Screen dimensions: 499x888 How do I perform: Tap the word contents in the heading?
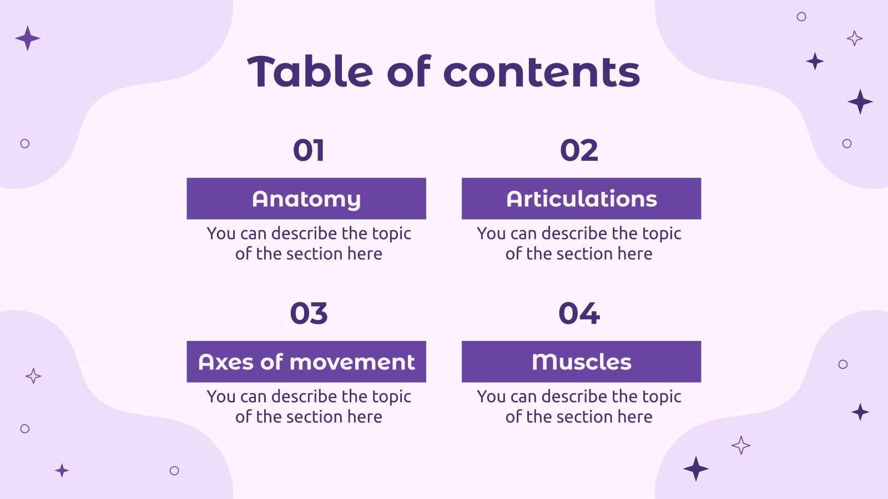(542, 72)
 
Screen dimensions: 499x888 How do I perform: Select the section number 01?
(309, 150)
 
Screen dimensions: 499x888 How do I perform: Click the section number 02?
(579, 150)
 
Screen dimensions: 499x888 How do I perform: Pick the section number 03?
(309, 313)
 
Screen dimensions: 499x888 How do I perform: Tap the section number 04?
(579, 313)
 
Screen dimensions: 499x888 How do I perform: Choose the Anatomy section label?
(306, 198)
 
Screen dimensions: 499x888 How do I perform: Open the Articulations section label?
(581, 198)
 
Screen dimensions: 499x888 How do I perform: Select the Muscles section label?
(581, 361)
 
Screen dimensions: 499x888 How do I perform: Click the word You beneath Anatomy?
(221, 233)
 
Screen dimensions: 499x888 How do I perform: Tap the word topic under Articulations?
(661, 234)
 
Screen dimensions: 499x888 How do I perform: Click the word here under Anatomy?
(365, 254)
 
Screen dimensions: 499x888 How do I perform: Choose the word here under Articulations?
(635, 254)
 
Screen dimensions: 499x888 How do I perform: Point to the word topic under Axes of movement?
(391, 397)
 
